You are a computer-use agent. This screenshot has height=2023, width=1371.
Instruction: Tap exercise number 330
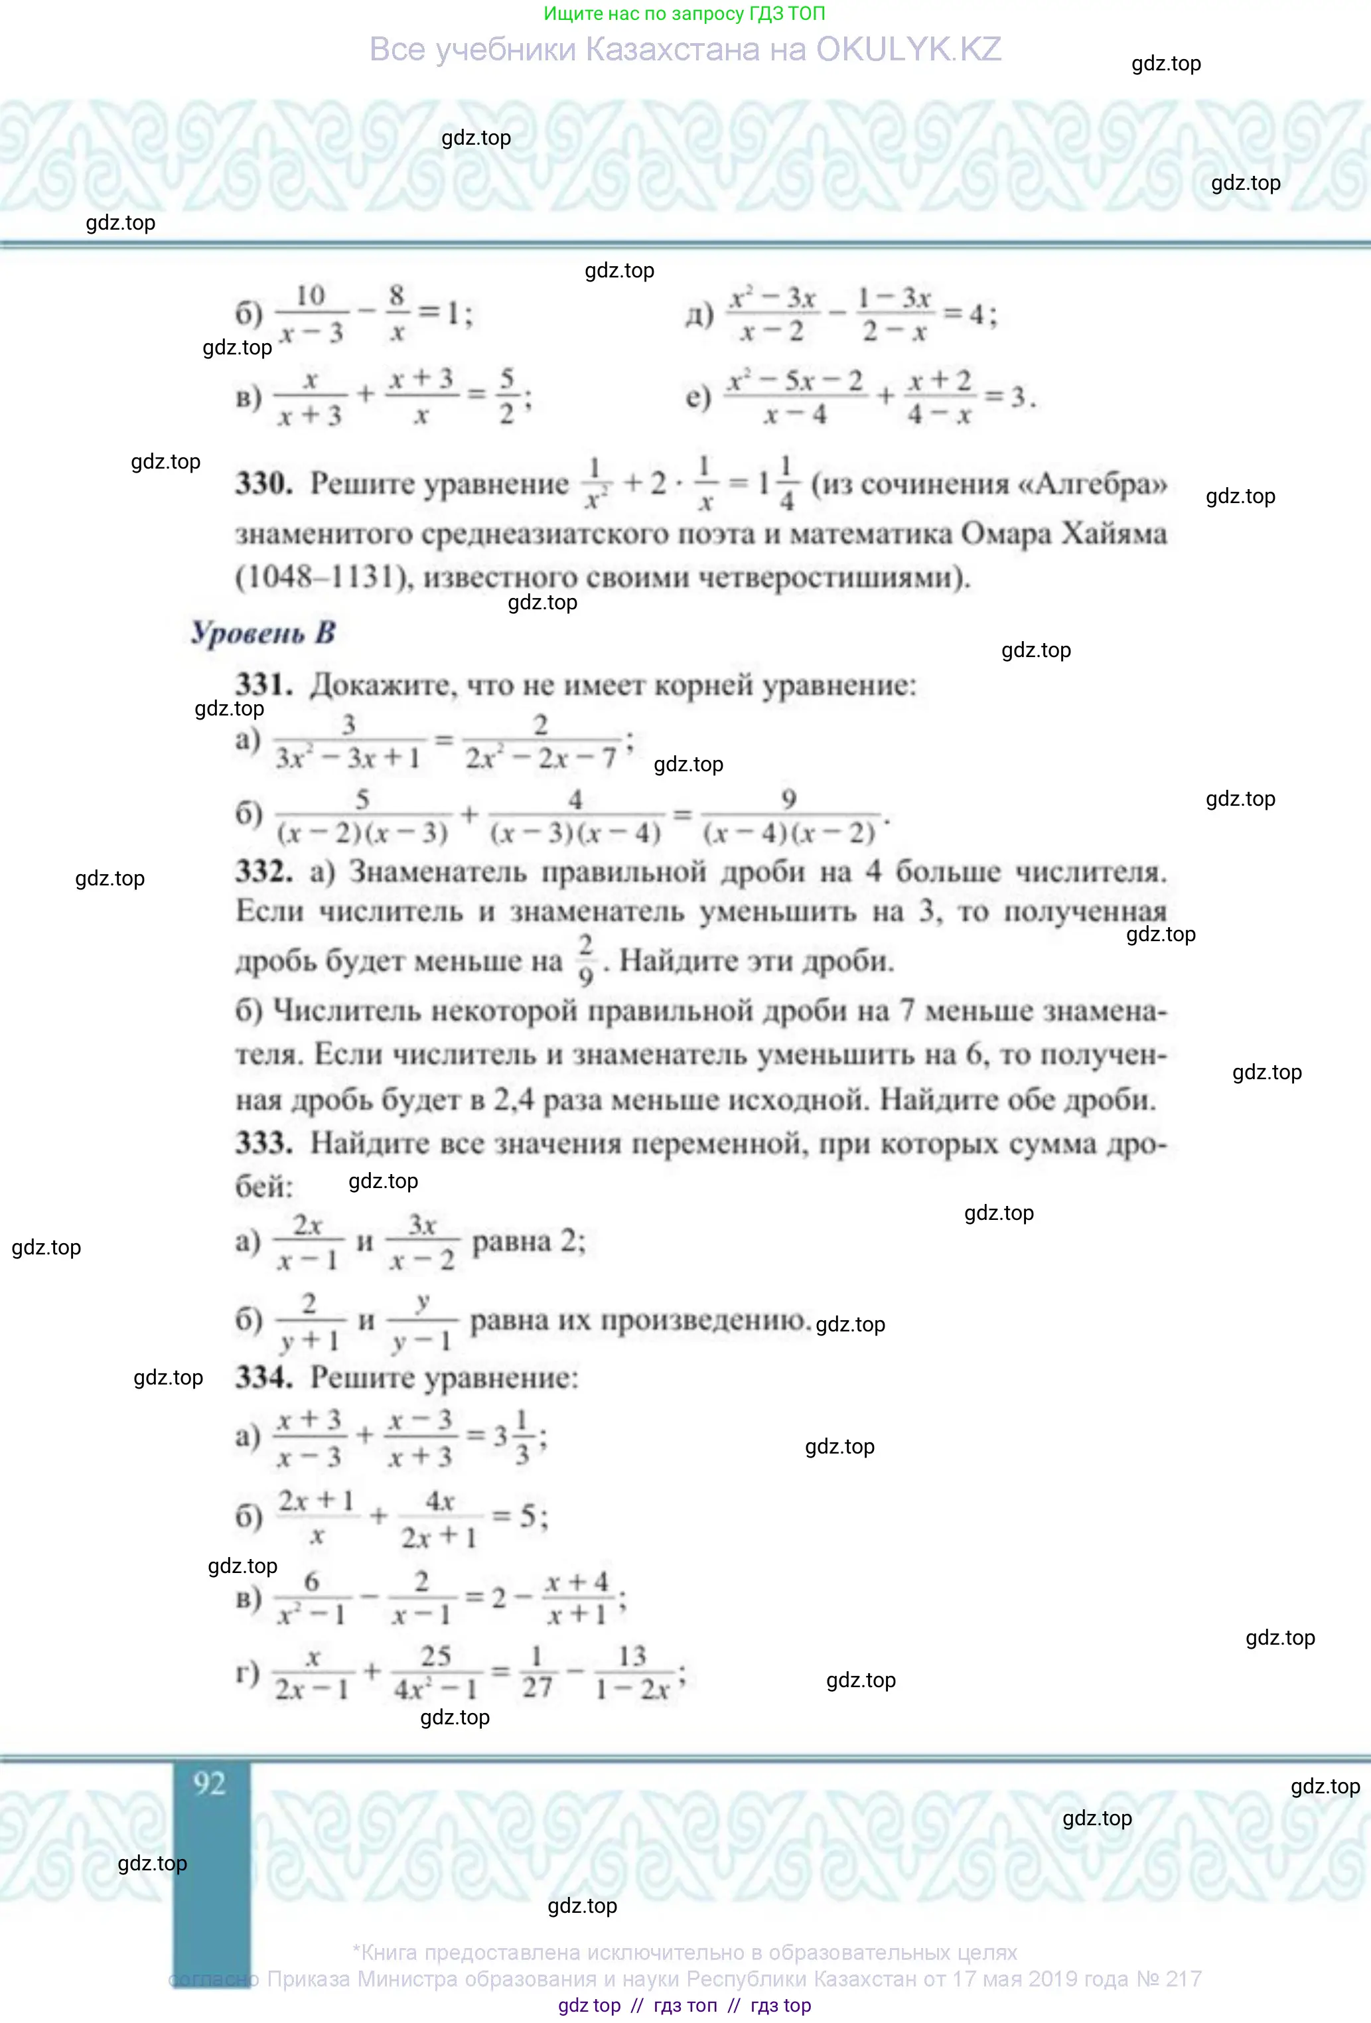pos(263,483)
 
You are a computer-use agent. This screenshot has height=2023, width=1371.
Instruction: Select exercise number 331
pos(263,685)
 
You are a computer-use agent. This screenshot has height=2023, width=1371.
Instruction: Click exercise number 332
pos(263,871)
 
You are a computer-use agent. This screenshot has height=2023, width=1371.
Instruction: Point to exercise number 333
pos(263,1143)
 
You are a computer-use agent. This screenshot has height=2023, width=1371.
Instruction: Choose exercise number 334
pos(263,1377)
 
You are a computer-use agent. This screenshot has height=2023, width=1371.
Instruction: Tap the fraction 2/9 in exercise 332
pos(586,960)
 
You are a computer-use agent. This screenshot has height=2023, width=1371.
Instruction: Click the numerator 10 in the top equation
pos(310,296)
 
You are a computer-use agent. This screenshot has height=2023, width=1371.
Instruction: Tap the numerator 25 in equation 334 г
pos(435,1656)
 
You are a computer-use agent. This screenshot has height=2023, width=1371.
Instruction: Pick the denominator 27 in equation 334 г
pos(536,1688)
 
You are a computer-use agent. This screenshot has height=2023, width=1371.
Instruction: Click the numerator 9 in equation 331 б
pos(788,798)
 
